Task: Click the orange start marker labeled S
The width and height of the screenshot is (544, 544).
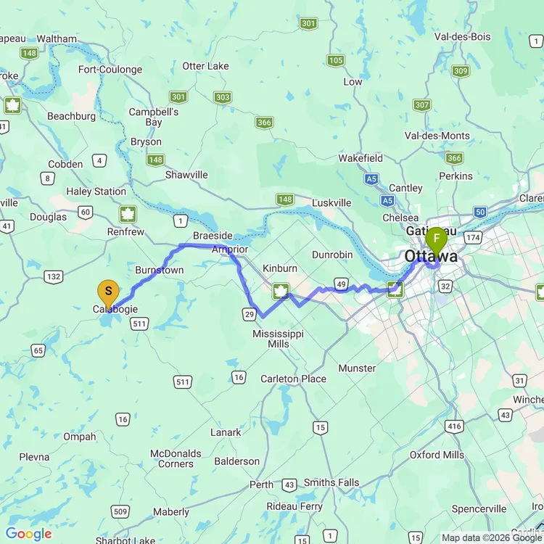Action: pyautogui.click(x=108, y=292)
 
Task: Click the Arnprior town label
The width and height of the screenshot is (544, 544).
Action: pyautogui.click(x=230, y=249)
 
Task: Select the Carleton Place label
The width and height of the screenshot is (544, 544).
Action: pyautogui.click(x=293, y=379)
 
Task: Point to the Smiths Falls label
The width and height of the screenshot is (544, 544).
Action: pyautogui.click(x=331, y=482)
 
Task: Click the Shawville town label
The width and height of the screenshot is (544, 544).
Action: pyautogui.click(x=186, y=175)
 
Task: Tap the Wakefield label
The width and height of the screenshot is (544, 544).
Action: pyautogui.click(x=360, y=158)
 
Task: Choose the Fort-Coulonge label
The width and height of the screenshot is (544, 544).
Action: pyautogui.click(x=110, y=70)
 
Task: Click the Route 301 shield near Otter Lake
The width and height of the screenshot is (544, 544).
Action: pyautogui.click(x=178, y=97)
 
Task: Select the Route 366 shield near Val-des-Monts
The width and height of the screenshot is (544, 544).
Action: pyautogui.click(x=454, y=158)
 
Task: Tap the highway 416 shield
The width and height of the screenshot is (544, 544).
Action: pyautogui.click(x=455, y=426)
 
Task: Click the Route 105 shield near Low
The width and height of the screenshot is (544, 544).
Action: pyautogui.click(x=335, y=60)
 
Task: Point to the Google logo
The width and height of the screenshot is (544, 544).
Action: pyautogui.click(x=29, y=535)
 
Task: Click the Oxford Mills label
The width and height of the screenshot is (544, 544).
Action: pyautogui.click(x=437, y=455)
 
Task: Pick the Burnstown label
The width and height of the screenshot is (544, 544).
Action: pyautogui.click(x=160, y=270)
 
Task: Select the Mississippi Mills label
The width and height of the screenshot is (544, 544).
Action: pyautogui.click(x=278, y=339)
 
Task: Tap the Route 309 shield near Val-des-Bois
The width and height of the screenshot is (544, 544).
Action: pyautogui.click(x=460, y=71)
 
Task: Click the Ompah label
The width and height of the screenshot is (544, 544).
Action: pyautogui.click(x=80, y=437)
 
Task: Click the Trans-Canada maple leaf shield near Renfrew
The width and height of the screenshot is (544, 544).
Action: pyautogui.click(x=128, y=215)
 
